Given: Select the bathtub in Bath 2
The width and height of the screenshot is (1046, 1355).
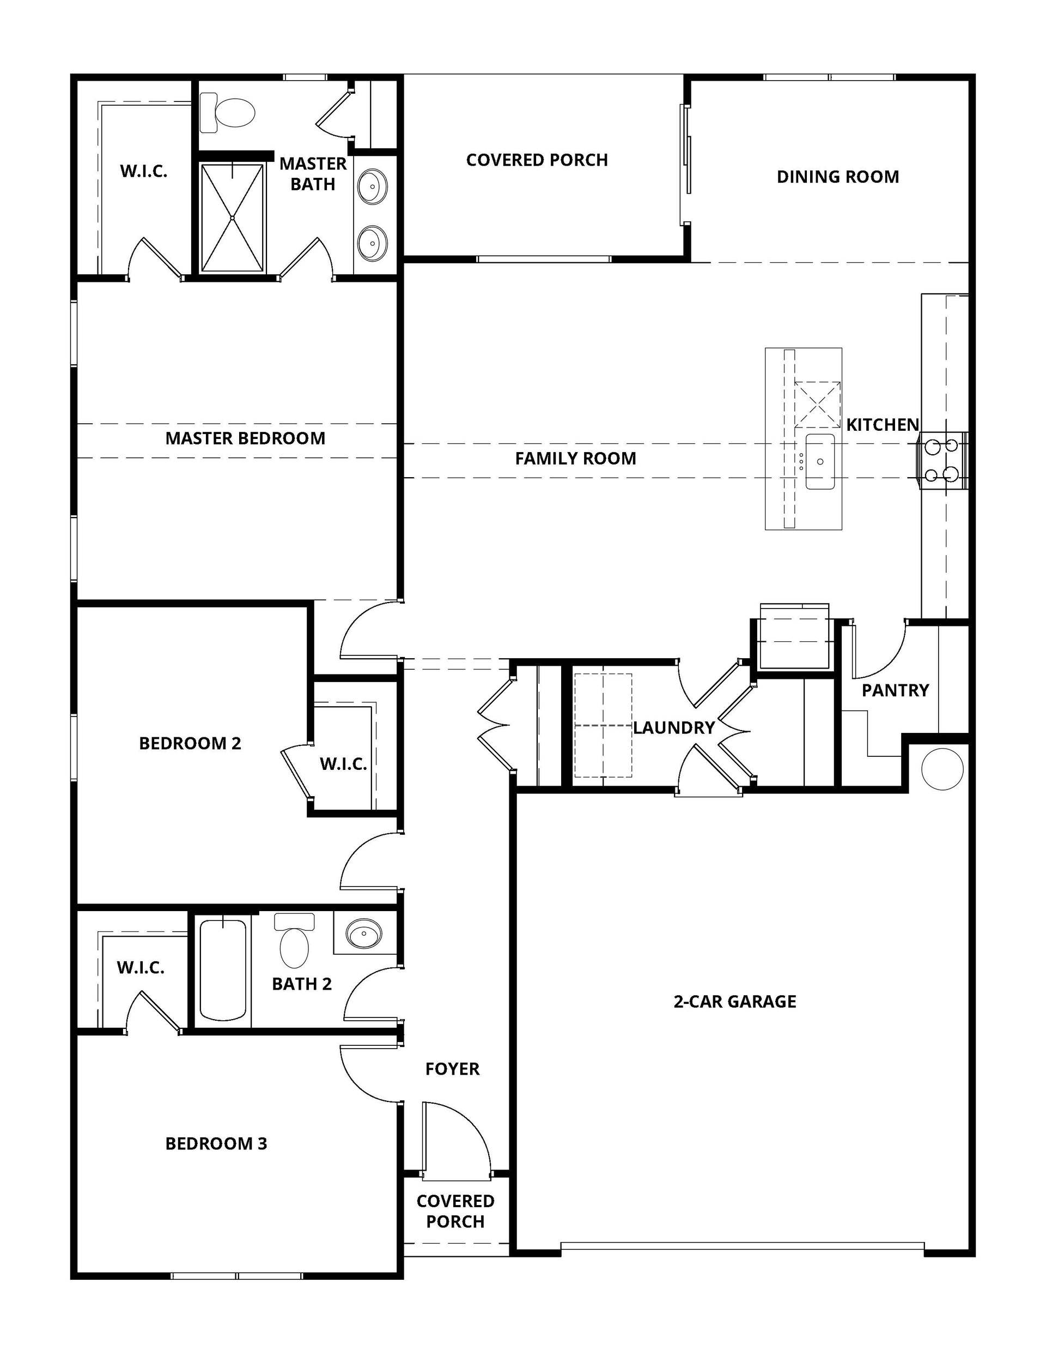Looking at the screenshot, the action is [223, 969].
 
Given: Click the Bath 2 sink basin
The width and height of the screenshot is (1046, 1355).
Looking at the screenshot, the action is [364, 932].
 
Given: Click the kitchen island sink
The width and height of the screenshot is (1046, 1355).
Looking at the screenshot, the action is [820, 462].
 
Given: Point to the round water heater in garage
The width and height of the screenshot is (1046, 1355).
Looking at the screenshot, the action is [942, 769].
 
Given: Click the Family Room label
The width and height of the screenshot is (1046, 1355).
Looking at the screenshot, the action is [575, 459].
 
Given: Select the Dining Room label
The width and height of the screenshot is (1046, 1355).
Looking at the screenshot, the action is [838, 177].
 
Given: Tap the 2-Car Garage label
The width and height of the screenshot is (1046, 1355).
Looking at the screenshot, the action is [735, 1001].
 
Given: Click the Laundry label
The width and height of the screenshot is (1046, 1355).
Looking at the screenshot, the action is [674, 728].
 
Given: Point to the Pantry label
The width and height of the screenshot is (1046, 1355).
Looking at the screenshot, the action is [895, 690].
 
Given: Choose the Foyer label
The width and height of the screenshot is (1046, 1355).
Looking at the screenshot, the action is [453, 1069].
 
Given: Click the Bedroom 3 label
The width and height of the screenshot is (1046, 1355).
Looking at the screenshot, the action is [216, 1143].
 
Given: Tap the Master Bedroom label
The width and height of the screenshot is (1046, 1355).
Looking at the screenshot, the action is [245, 438].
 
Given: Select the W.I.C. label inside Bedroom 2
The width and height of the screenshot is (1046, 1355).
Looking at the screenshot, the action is [344, 764].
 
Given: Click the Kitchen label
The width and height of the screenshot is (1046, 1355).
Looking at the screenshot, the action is [883, 425].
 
